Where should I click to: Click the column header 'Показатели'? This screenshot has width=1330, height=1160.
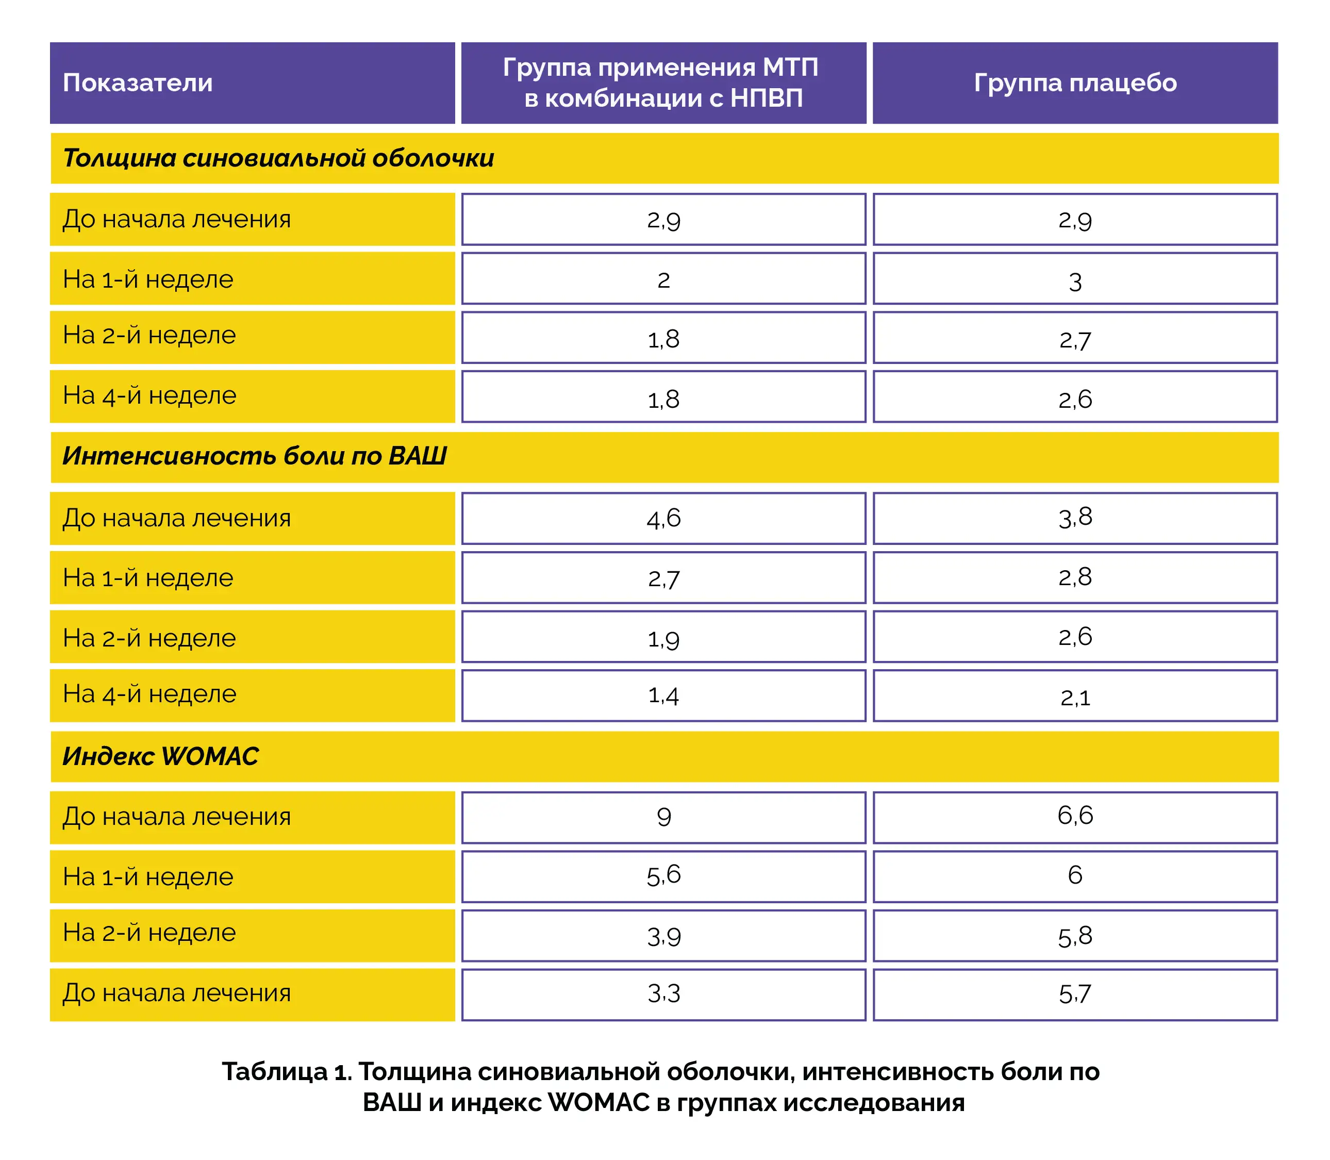[138, 83]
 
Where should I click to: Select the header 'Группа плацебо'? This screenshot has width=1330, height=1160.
[1074, 83]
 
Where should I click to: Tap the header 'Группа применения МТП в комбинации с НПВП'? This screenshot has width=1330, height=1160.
[663, 83]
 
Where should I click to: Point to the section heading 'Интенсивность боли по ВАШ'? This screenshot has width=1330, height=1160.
[254, 456]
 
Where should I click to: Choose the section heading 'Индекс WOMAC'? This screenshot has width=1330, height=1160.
[160, 756]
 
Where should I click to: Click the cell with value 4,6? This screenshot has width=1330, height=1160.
[663, 519]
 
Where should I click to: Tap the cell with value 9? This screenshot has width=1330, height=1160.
[663, 817]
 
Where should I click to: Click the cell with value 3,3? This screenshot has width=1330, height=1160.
[663, 995]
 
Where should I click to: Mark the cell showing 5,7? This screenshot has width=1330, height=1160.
[1074, 995]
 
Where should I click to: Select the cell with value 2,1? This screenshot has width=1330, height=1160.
[1074, 697]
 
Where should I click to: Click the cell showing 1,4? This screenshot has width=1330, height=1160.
[663, 696]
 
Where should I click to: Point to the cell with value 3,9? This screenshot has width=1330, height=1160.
[663, 936]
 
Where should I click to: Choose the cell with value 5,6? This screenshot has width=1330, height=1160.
[663, 876]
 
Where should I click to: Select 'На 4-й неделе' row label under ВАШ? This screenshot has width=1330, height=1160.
[149, 694]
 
